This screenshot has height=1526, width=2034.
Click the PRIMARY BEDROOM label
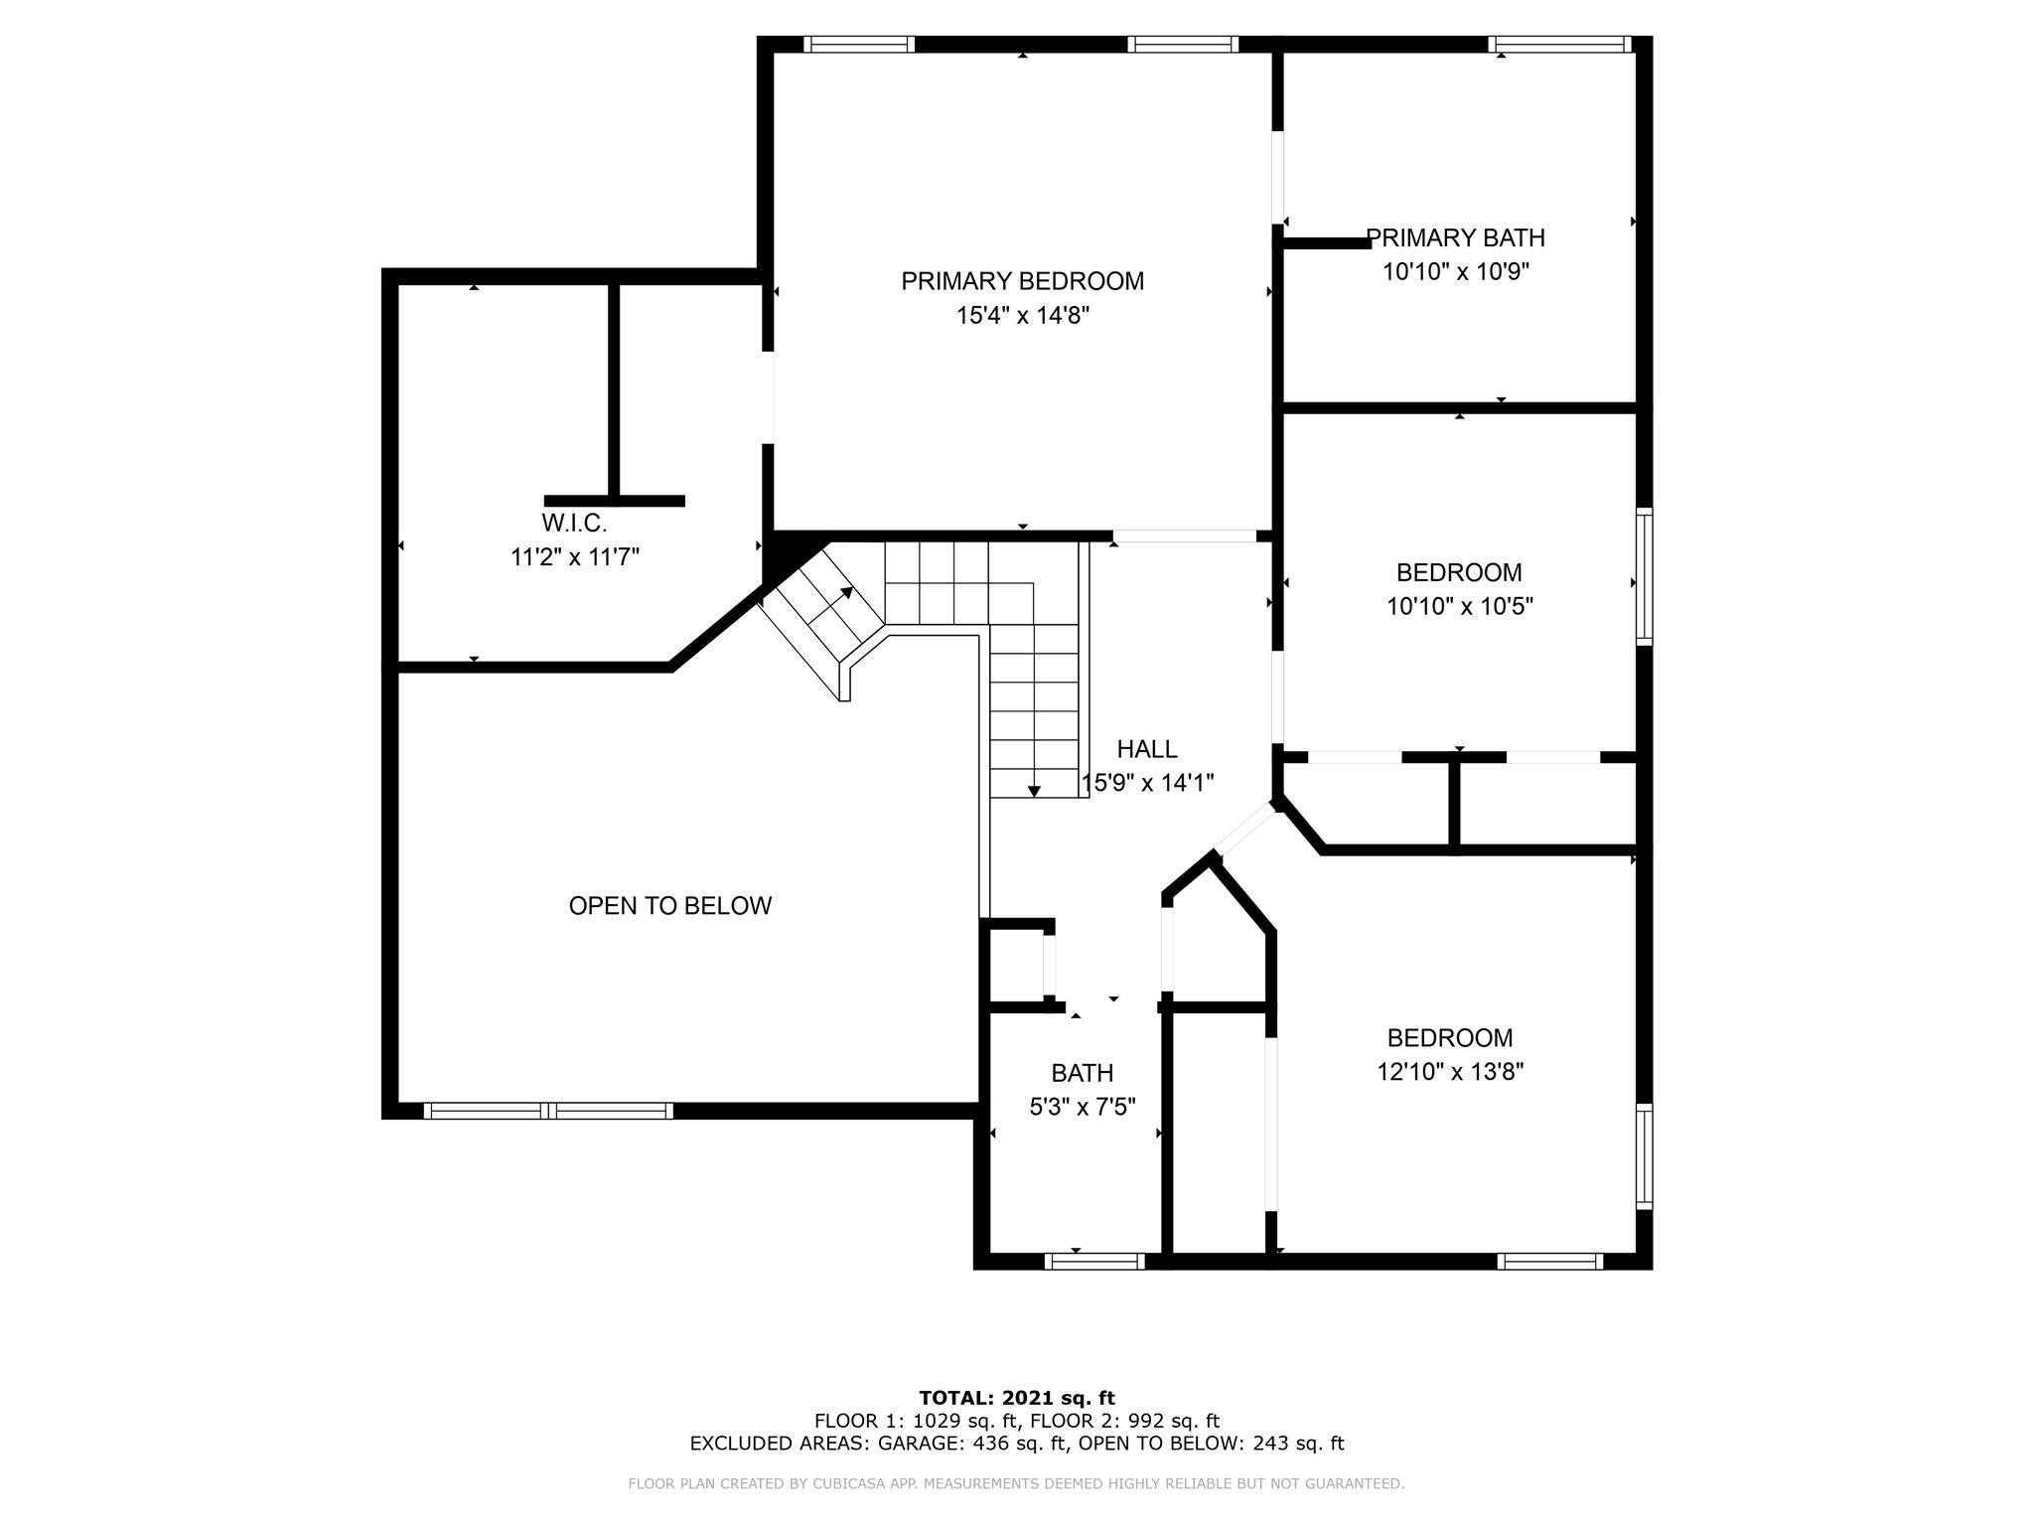pyautogui.click(x=1022, y=281)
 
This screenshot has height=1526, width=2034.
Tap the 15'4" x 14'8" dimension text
pyautogui.click(x=1023, y=316)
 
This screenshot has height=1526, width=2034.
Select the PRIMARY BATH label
pyautogui.click(x=1455, y=237)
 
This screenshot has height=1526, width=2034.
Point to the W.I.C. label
pyautogui.click(x=574, y=523)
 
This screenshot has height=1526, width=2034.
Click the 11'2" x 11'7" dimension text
pyautogui.click(x=575, y=556)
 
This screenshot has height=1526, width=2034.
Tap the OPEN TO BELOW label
pyautogui.click(x=670, y=905)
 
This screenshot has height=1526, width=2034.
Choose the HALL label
pyautogui.click(x=1147, y=749)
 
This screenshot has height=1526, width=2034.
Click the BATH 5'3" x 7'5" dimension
pyautogui.click(x=1083, y=1107)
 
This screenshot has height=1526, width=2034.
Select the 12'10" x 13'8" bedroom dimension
pyautogui.click(x=1450, y=1072)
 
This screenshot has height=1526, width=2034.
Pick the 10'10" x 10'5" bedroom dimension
pyautogui.click(x=1460, y=606)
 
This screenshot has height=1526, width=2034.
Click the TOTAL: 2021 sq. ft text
pyautogui.click(x=1017, y=1398)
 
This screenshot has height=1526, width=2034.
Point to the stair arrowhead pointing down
pyautogui.click(x=1034, y=791)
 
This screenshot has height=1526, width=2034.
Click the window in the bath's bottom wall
pyautogui.click(x=1094, y=1261)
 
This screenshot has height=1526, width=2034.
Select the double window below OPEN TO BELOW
pyautogui.click(x=548, y=1111)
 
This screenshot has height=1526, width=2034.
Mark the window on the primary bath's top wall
pyautogui.click(x=1559, y=44)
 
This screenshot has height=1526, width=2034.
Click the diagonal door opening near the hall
pyautogui.click(x=1244, y=830)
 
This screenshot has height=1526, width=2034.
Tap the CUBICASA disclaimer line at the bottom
pyautogui.click(x=1016, y=1483)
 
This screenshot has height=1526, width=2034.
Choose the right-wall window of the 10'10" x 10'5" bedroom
pyautogui.click(x=1645, y=576)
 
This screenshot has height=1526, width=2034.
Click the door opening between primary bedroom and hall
pyautogui.click(x=1184, y=536)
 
